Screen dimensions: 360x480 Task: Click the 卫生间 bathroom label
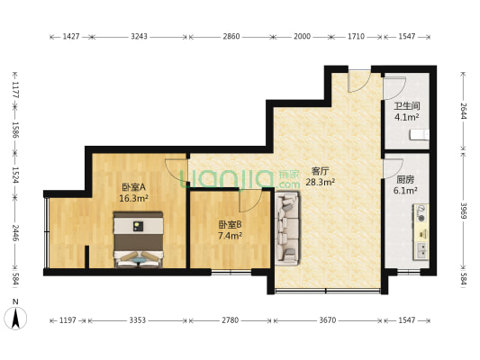tap(403, 105)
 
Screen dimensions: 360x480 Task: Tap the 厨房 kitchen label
tap(406, 179)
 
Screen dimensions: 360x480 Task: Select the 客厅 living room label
tap(320, 170)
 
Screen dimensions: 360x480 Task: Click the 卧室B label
tap(230, 224)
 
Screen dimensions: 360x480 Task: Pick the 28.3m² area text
tap(320, 182)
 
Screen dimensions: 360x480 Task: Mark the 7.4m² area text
tap(230, 236)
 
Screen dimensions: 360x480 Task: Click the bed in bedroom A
tap(138, 238)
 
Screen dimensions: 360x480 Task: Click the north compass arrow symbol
tap(16, 318)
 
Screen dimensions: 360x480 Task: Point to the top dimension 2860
tap(231, 38)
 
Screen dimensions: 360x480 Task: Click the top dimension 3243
tap(140, 38)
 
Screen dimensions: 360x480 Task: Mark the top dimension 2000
tap(302, 38)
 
